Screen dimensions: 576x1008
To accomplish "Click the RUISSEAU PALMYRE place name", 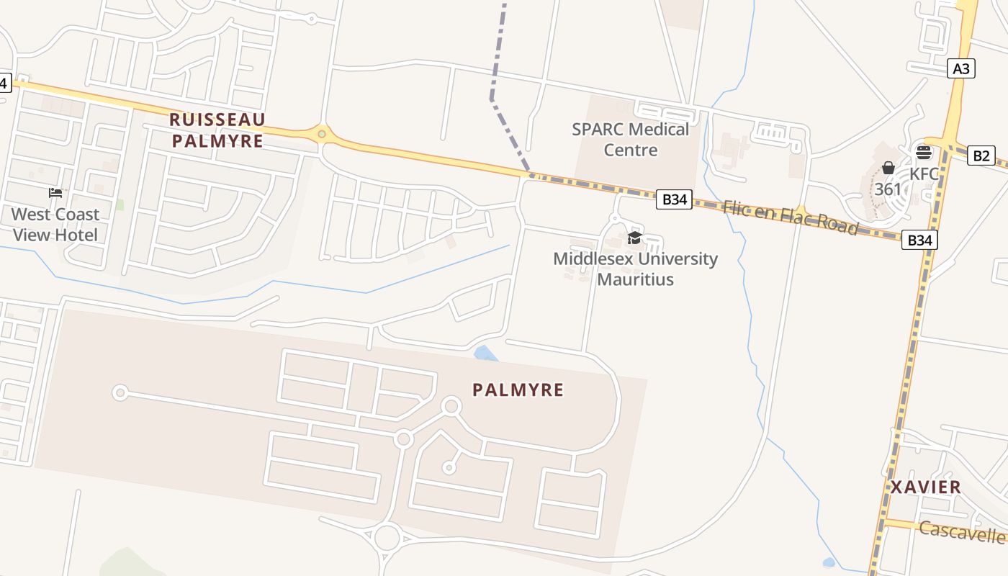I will click(x=218, y=130).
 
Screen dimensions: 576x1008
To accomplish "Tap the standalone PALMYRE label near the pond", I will click(x=518, y=390).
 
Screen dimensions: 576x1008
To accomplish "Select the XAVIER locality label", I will click(x=925, y=487).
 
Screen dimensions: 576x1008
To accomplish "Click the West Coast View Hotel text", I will click(x=55, y=225).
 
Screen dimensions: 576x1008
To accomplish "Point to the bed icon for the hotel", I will click(x=55, y=193).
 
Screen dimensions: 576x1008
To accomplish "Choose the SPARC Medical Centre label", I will click(x=630, y=140).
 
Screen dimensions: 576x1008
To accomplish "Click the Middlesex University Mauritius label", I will click(x=635, y=269).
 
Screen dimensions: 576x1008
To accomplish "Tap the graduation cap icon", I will click(x=634, y=238).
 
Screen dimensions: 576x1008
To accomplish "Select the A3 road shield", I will click(x=961, y=69).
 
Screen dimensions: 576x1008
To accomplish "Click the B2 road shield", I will click(x=981, y=156).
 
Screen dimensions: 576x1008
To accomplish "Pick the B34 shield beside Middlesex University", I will click(x=674, y=199).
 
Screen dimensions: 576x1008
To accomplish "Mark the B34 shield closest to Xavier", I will click(x=919, y=240).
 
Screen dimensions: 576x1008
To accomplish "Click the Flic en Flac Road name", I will click(x=790, y=217).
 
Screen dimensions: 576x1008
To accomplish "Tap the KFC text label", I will click(x=924, y=174).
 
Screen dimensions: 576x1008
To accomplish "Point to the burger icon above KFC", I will click(x=924, y=153).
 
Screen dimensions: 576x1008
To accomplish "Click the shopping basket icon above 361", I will click(x=888, y=168).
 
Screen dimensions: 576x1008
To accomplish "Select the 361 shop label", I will click(x=888, y=190).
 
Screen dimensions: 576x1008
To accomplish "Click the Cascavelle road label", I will click(x=962, y=533).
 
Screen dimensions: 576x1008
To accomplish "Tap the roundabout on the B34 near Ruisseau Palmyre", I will click(x=321, y=133).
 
